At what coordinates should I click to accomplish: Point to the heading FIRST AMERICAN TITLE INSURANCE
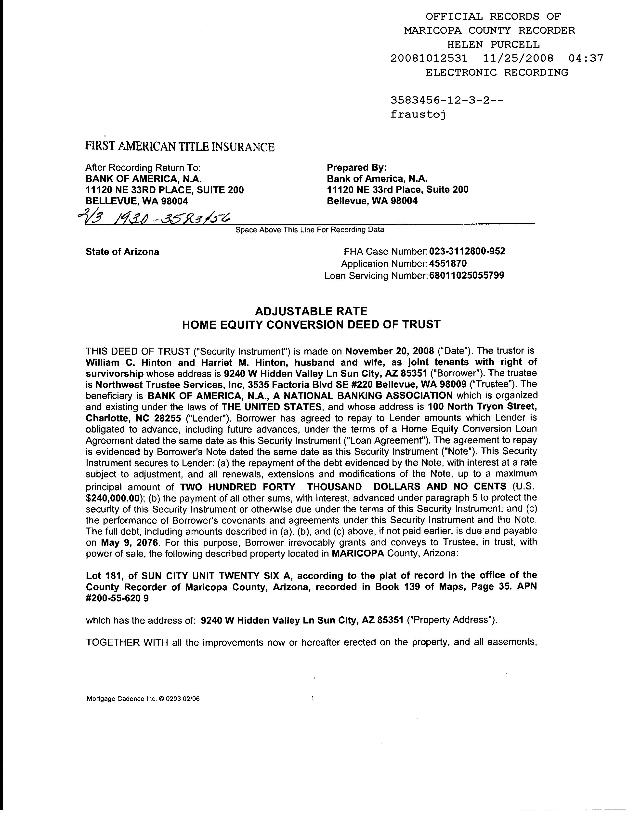click(x=180, y=147)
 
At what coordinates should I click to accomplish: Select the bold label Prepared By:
click(x=357, y=167)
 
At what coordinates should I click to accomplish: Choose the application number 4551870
click(x=448, y=264)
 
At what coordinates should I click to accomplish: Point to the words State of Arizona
click(x=122, y=252)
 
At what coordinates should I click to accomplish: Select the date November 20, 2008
click(x=390, y=351)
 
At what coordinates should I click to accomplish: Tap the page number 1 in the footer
click(x=313, y=698)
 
